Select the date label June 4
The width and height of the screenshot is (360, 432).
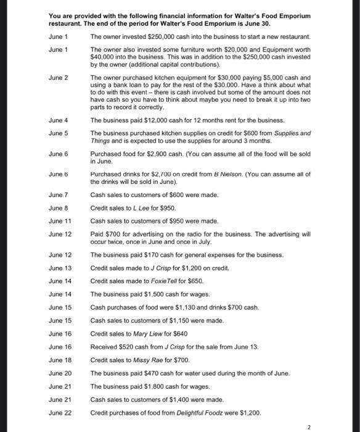point(57,120)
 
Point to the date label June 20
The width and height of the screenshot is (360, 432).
point(59,373)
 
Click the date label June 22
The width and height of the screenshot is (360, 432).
point(59,412)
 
